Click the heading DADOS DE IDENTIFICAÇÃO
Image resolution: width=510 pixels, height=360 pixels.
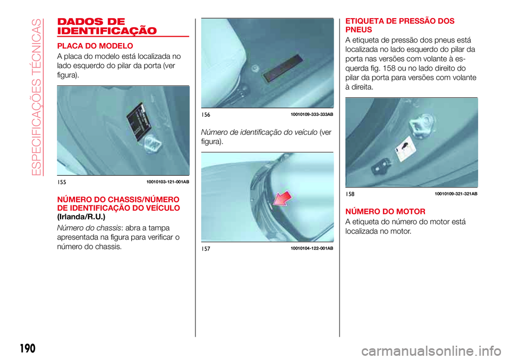point(106,25)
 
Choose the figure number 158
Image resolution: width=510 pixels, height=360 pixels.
point(350,194)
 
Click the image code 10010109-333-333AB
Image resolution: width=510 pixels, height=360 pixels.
point(312,114)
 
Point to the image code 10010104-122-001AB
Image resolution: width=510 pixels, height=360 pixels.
point(312,248)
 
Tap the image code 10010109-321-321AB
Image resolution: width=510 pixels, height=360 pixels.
point(456,194)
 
